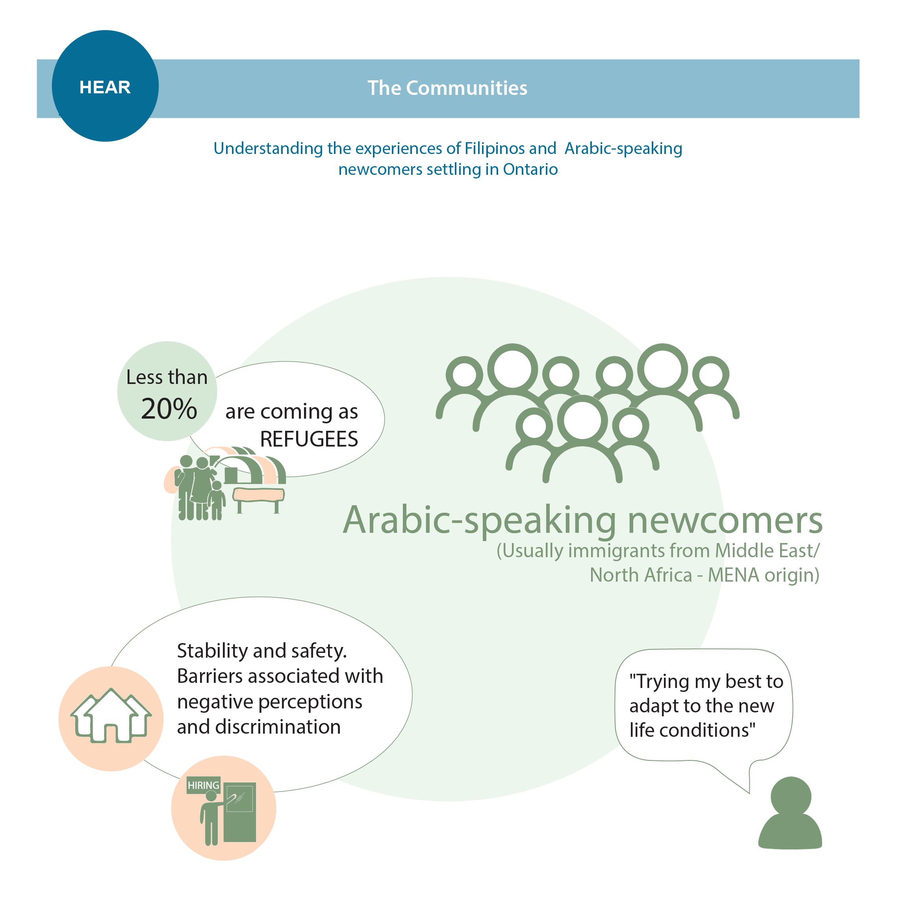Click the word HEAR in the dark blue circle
[x=105, y=87]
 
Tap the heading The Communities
[x=447, y=88]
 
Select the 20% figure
[x=169, y=409]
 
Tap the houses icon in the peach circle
[x=111, y=716]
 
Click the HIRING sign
[x=203, y=785]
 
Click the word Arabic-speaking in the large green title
[x=479, y=521]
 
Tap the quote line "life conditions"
[x=692, y=730]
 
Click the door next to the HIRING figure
[x=240, y=812]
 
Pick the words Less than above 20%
[x=167, y=377]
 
